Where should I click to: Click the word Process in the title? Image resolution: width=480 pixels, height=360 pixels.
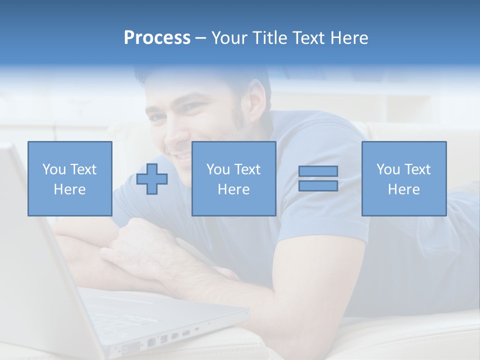[x=157, y=38]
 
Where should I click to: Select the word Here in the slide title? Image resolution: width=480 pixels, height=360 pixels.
[x=349, y=38]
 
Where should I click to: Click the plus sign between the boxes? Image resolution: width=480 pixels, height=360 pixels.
[x=152, y=179]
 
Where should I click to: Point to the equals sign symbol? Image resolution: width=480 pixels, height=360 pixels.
[x=318, y=178]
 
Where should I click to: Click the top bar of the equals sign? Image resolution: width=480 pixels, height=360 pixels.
[x=318, y=171]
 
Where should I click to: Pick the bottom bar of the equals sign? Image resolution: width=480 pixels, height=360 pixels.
[x=318, y=186]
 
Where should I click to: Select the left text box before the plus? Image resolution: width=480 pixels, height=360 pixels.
[x=70, y=178]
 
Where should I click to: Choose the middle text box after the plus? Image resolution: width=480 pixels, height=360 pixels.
[x=233, y=178]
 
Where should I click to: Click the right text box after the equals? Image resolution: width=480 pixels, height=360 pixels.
[x=404, y=178]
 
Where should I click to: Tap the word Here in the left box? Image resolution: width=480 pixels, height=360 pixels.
[x=70, y=189]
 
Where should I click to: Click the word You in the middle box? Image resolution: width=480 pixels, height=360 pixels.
[x=218, y=169]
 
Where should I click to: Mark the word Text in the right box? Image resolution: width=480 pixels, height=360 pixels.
[x=417, y=169]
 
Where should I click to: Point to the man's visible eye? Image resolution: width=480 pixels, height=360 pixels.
[x=193, y=106]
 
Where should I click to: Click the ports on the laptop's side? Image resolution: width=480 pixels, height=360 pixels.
[x=160, y=340]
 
